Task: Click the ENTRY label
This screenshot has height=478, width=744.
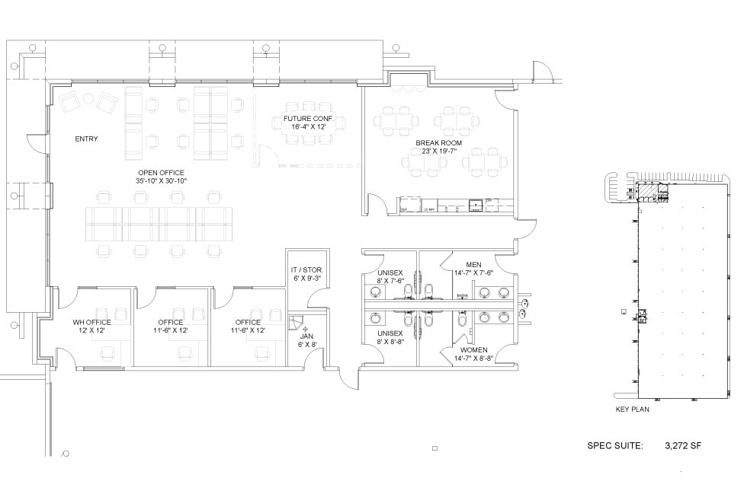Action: point(86,139)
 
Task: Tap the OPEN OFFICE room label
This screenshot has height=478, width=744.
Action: point(161,172)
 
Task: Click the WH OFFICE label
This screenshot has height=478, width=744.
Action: point(91,322)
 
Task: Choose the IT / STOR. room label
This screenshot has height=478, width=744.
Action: point(306,269)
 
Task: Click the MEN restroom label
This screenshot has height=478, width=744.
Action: point(473,264)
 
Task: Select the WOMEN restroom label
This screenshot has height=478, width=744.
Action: point(473,349)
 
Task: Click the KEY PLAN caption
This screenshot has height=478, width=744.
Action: point(632,409)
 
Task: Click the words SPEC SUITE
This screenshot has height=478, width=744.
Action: point(615,446)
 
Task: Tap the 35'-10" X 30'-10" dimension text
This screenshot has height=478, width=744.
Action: point(161,180)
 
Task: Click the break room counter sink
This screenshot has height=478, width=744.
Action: point(476,205)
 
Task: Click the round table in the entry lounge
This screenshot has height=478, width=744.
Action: point(88,98)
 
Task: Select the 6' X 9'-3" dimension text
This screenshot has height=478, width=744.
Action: point(306,278)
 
